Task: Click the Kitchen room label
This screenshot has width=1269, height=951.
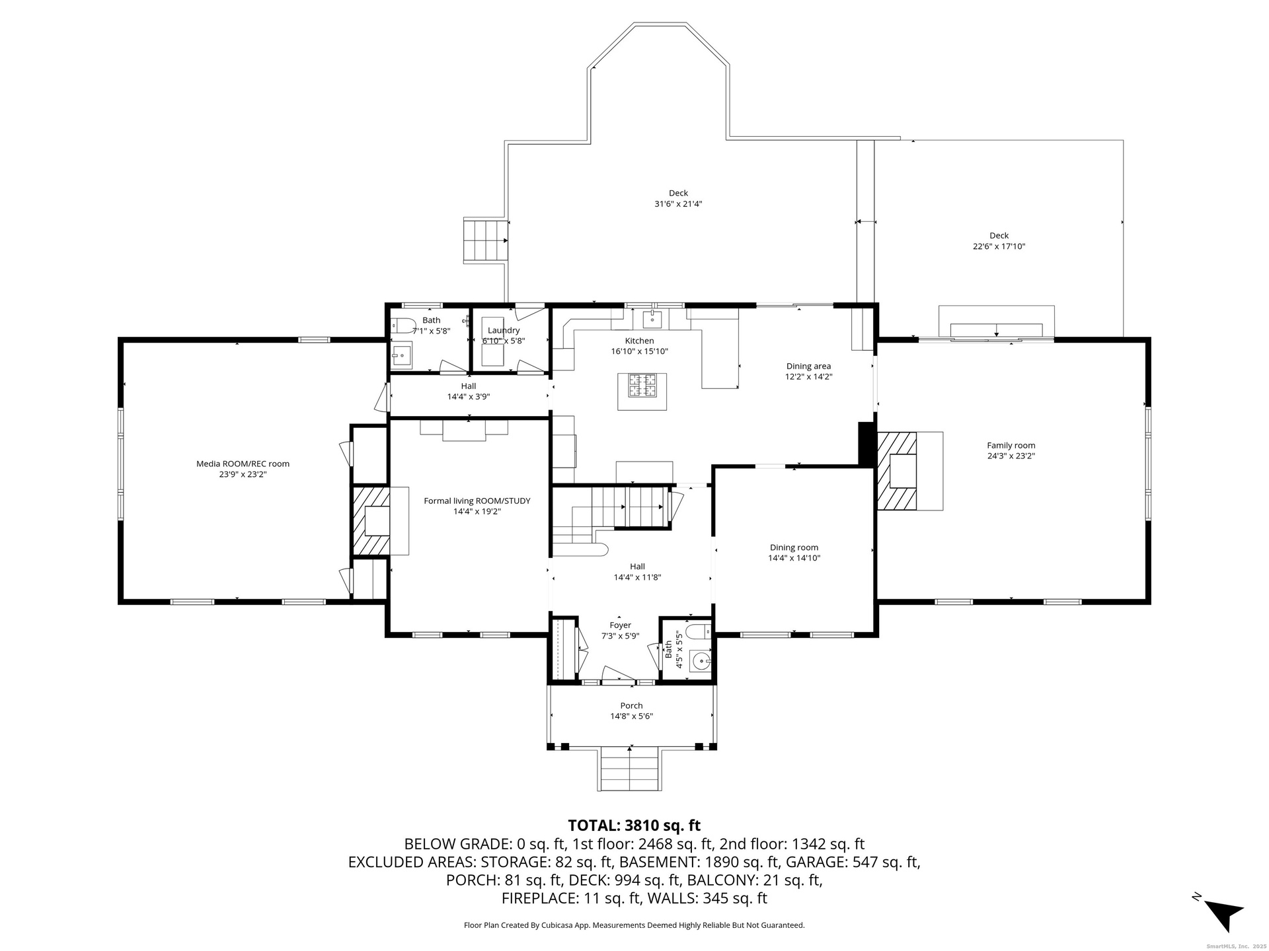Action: (x=639, y=341)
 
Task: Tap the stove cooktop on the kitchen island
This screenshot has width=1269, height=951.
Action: (x=642, y=385)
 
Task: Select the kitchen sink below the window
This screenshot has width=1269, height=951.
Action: (x=652, y=319)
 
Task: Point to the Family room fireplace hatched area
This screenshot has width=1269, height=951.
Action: (x=897, y=471)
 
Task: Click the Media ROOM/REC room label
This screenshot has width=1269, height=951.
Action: (x=243, y=464)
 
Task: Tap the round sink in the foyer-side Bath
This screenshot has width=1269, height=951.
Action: (x=701, y=660)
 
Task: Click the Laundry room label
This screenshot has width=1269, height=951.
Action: (x=504, y=330)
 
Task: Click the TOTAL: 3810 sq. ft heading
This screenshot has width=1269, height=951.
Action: (x=634, y=826)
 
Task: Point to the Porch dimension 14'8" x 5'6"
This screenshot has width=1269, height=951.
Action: (x=631, y=716)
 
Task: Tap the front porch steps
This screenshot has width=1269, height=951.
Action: (x=630, y=769)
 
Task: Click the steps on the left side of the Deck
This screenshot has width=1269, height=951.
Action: (x=486, y=240)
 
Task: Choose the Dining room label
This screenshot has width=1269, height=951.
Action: (x=794, y=547)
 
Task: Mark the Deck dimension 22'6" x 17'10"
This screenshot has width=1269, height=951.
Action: (x=998, y=246)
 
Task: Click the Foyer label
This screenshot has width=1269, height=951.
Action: (x=620, y=625)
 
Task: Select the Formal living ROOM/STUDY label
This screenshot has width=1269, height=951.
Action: (x=477, y=501)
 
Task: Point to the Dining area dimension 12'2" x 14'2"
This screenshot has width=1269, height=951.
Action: (x=808, y=376)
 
